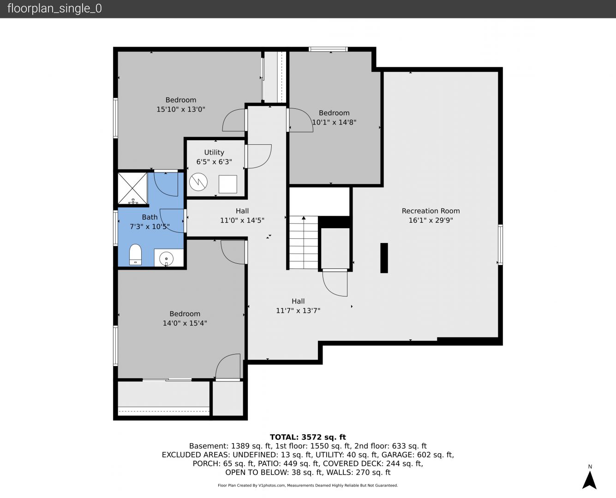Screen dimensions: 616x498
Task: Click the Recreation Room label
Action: pos(431,211)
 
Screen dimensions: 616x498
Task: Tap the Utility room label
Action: pos(214,152)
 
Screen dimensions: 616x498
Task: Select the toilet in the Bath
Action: pos(135,255)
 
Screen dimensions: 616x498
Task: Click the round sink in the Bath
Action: pos(166,258)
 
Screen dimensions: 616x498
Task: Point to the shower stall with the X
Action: pos(133,189)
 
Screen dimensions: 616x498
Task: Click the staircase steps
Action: pos(304,242)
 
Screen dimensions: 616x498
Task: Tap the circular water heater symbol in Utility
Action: pos(198,182)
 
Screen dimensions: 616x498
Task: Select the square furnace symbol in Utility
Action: pos(228,184)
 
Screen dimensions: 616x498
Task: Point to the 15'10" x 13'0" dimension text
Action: pos(181,109)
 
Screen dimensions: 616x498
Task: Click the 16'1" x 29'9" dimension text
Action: pos(431,220)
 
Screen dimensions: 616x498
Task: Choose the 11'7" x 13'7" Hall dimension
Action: pos(298,311)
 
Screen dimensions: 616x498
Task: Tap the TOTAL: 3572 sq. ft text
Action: pos(308,437)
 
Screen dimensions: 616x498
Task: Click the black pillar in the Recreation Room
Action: pos(384,258)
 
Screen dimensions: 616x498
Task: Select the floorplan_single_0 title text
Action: pos(54,8)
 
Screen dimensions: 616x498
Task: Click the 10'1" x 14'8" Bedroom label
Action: pos(334,118)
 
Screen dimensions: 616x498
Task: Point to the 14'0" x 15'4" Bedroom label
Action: pos(185,319)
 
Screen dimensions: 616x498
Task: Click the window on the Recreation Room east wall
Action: pos(500,244)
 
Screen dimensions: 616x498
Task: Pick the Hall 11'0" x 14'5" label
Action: pos(242,216)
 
